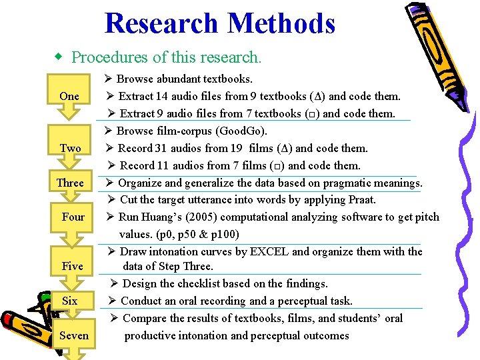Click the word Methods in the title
tap(281, 23)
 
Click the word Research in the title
tap(161, 23)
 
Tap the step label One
tap(69, 96)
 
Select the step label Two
tap(70, 148)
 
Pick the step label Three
tap(70, 183)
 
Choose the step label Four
tap(73, 217)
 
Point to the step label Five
tap(72, 266)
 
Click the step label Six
tap(69, 301)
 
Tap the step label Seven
tap(73, 335)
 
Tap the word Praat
tap(362, 199)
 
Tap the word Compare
tap(143, 318)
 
